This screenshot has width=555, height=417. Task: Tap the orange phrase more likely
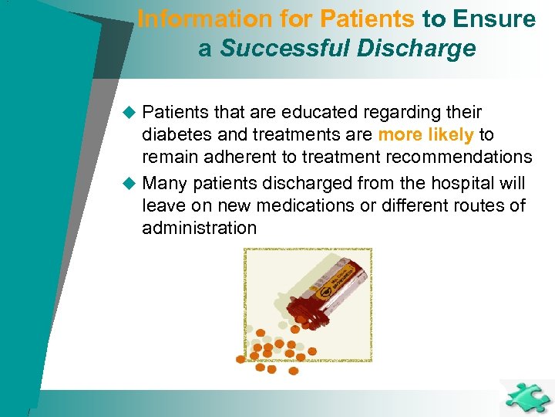(425, 134)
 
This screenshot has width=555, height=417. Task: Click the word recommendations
(462, 157)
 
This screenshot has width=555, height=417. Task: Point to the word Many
(165, 184)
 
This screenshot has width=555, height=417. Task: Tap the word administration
(199, 228)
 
